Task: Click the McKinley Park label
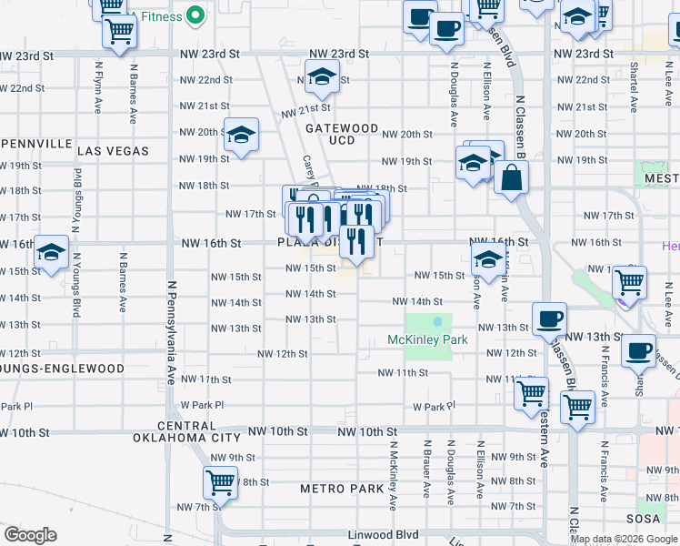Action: click(x=427, y=340)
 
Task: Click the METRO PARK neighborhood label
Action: click(x=342, y=489)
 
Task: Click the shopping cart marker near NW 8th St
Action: click(x=220, y=482)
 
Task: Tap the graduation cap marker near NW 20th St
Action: click(x=241, y=136)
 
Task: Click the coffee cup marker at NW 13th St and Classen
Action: click(x=549, y=319)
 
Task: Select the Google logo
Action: click(x=30, y=535)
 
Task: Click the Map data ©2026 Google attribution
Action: click(x=623, y=539)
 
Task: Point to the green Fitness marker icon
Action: click(x=195, y=15)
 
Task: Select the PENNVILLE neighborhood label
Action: click(x=36, y=144)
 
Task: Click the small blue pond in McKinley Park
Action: click(x=437, y=321)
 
